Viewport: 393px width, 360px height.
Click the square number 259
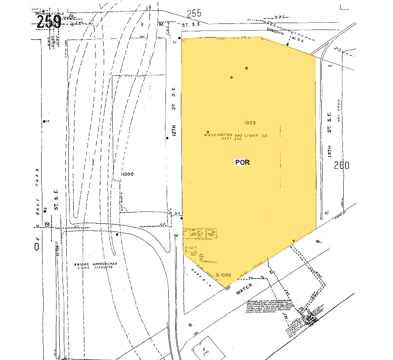[49, 22]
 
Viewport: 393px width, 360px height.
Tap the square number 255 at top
[194, 14]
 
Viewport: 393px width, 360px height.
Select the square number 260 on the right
[342, 166]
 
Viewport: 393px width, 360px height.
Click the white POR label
[242, 162]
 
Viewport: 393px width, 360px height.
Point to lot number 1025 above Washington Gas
[250, 122]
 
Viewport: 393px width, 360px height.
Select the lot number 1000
[127, 174]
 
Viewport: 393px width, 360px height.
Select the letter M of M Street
[161, 24]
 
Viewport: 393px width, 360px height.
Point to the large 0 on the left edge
[37, 246]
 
